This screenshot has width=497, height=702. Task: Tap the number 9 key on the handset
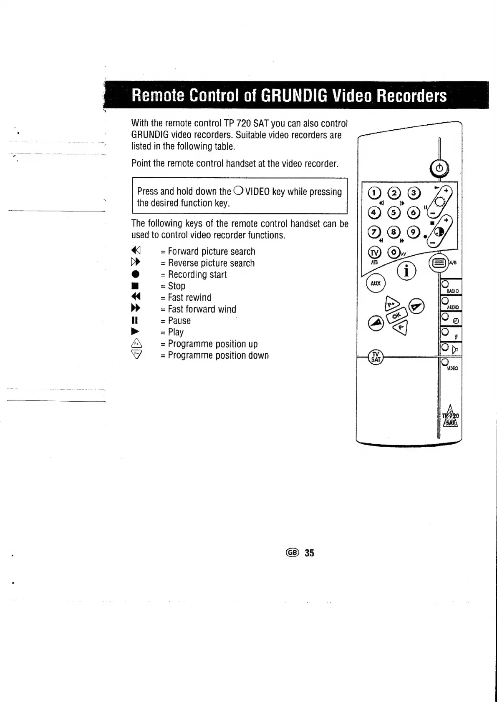pyautogui.click(x=413, y=232)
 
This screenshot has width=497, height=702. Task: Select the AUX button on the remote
pyautogui.click(x=376, y=283)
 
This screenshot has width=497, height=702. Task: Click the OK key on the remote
pyautogui.click(x=396, y=316)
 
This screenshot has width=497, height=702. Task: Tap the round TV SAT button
pyautogui.click(x=376, y=357)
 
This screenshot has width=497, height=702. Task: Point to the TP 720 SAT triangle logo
pyautogui.click(x=451, y=416)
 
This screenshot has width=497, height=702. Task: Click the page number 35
pyautogui.click(x=309, y=553)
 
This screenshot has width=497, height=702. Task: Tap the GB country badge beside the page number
pyautogui.click(x=292, y=552)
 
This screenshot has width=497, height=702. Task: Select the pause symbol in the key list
pyautogui.click(x=134, y=320)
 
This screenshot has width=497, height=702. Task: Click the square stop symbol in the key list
pyautogui.click(x=134, y=286)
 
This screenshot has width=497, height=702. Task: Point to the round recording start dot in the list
pyautogui.click(x=135, y=274)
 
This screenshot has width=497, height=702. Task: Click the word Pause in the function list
pyautogui.click(x=179, y=320)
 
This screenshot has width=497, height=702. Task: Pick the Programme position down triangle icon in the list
pyautogui.click(x=136, y=355)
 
